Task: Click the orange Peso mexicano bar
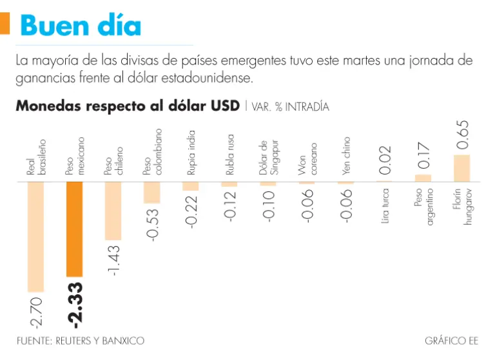pyautogui.click(x=74, y=228)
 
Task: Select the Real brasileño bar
pyautogui.click(x=35, y=236)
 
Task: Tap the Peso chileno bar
pyautogui.click(x=113, y=211)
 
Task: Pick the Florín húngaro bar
pyautogui.click(x=462, y=168)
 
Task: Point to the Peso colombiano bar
pyautogui.click(x=152, y=193)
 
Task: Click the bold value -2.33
pyautogui.click(x=75, y=303)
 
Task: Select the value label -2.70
pyautogui.click(x=36, y=312)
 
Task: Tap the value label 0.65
pyautogui.click(x=462, y=135)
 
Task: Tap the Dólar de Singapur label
pyautogui.click(x=267, y=157)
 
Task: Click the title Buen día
pyautogui.click(x=81, y=26)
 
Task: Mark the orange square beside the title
pyautogui.click(x=5, y=24)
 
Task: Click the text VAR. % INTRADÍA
pyautogui.click(x=287, y=107)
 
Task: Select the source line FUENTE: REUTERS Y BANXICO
pyautogui.click(x=81, y=340)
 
